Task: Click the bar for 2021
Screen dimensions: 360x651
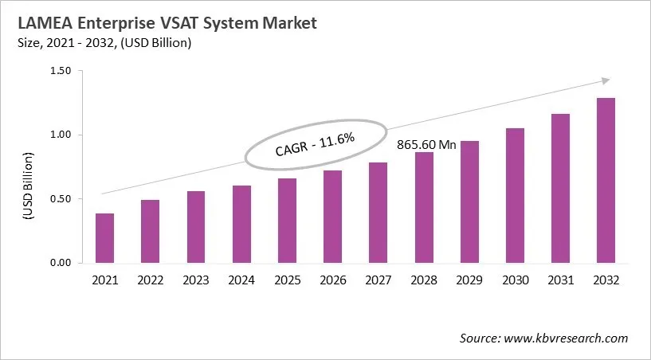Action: coord(104,238)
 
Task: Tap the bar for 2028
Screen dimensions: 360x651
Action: coord(424,207)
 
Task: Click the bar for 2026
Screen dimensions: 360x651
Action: coord(332,217)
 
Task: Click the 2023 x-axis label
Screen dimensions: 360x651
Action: coord(195,280)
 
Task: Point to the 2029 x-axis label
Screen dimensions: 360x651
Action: coord(469,280)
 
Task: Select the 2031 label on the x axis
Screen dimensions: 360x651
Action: coord(560,280)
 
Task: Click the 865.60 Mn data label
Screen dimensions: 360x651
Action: coord(426,145)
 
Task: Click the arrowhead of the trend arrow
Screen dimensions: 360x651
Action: coord(606,80)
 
